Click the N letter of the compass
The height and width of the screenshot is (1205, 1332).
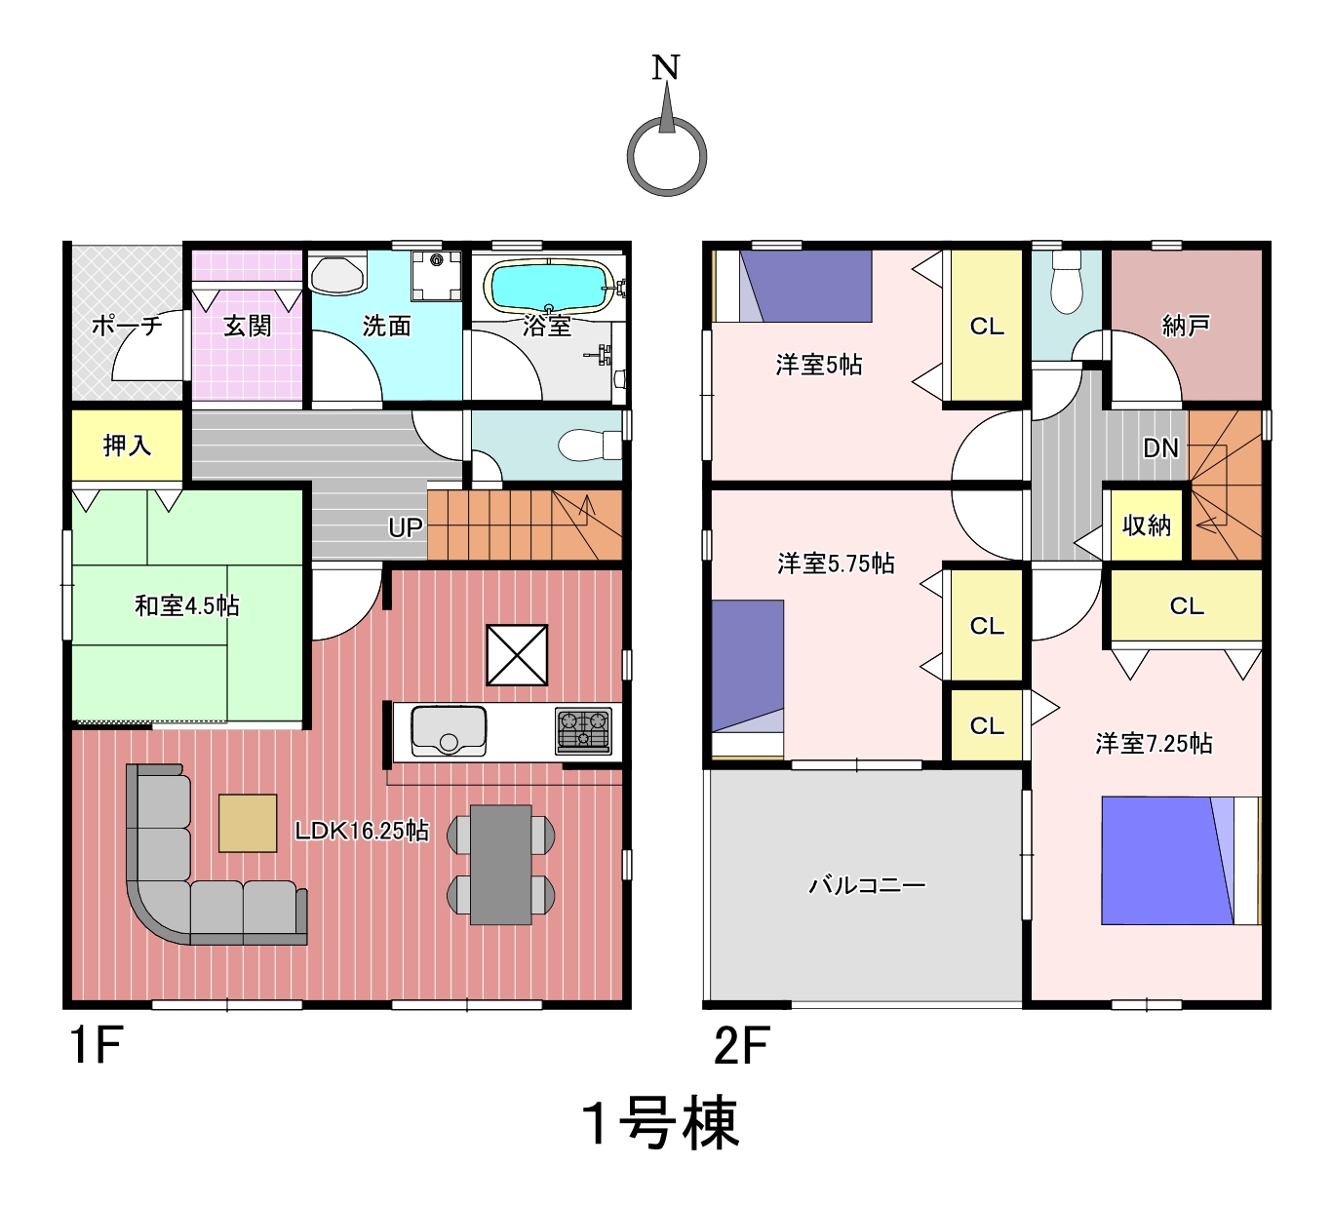(x=666, y=67)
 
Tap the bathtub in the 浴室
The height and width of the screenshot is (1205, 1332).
(x=548, y=287)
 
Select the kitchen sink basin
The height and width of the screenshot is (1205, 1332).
(x=449, y=730)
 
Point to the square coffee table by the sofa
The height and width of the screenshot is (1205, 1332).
(x=248, y=823)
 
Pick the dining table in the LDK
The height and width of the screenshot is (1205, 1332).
(x=500, y=865)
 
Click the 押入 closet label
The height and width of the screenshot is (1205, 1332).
(x=127, y=445)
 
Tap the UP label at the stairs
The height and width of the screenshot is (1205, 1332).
(x=405, y=527)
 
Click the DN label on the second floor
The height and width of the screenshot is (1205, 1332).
(x=1160, y=448)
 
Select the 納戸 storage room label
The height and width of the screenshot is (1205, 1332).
(x=1186, y=326)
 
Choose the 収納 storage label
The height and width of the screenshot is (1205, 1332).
(x=1147, y=525)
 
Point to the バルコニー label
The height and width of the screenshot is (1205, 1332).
(x=867, y=885)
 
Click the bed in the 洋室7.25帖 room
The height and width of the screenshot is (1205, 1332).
(x=1181, y=861)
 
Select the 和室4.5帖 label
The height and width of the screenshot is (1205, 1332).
(x=187, y=605)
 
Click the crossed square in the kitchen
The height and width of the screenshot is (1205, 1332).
(x=517, y=654)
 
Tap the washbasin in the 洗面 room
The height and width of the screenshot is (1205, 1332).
(x=338, y=274)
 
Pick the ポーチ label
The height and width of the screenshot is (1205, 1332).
(x=127, y=326)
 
